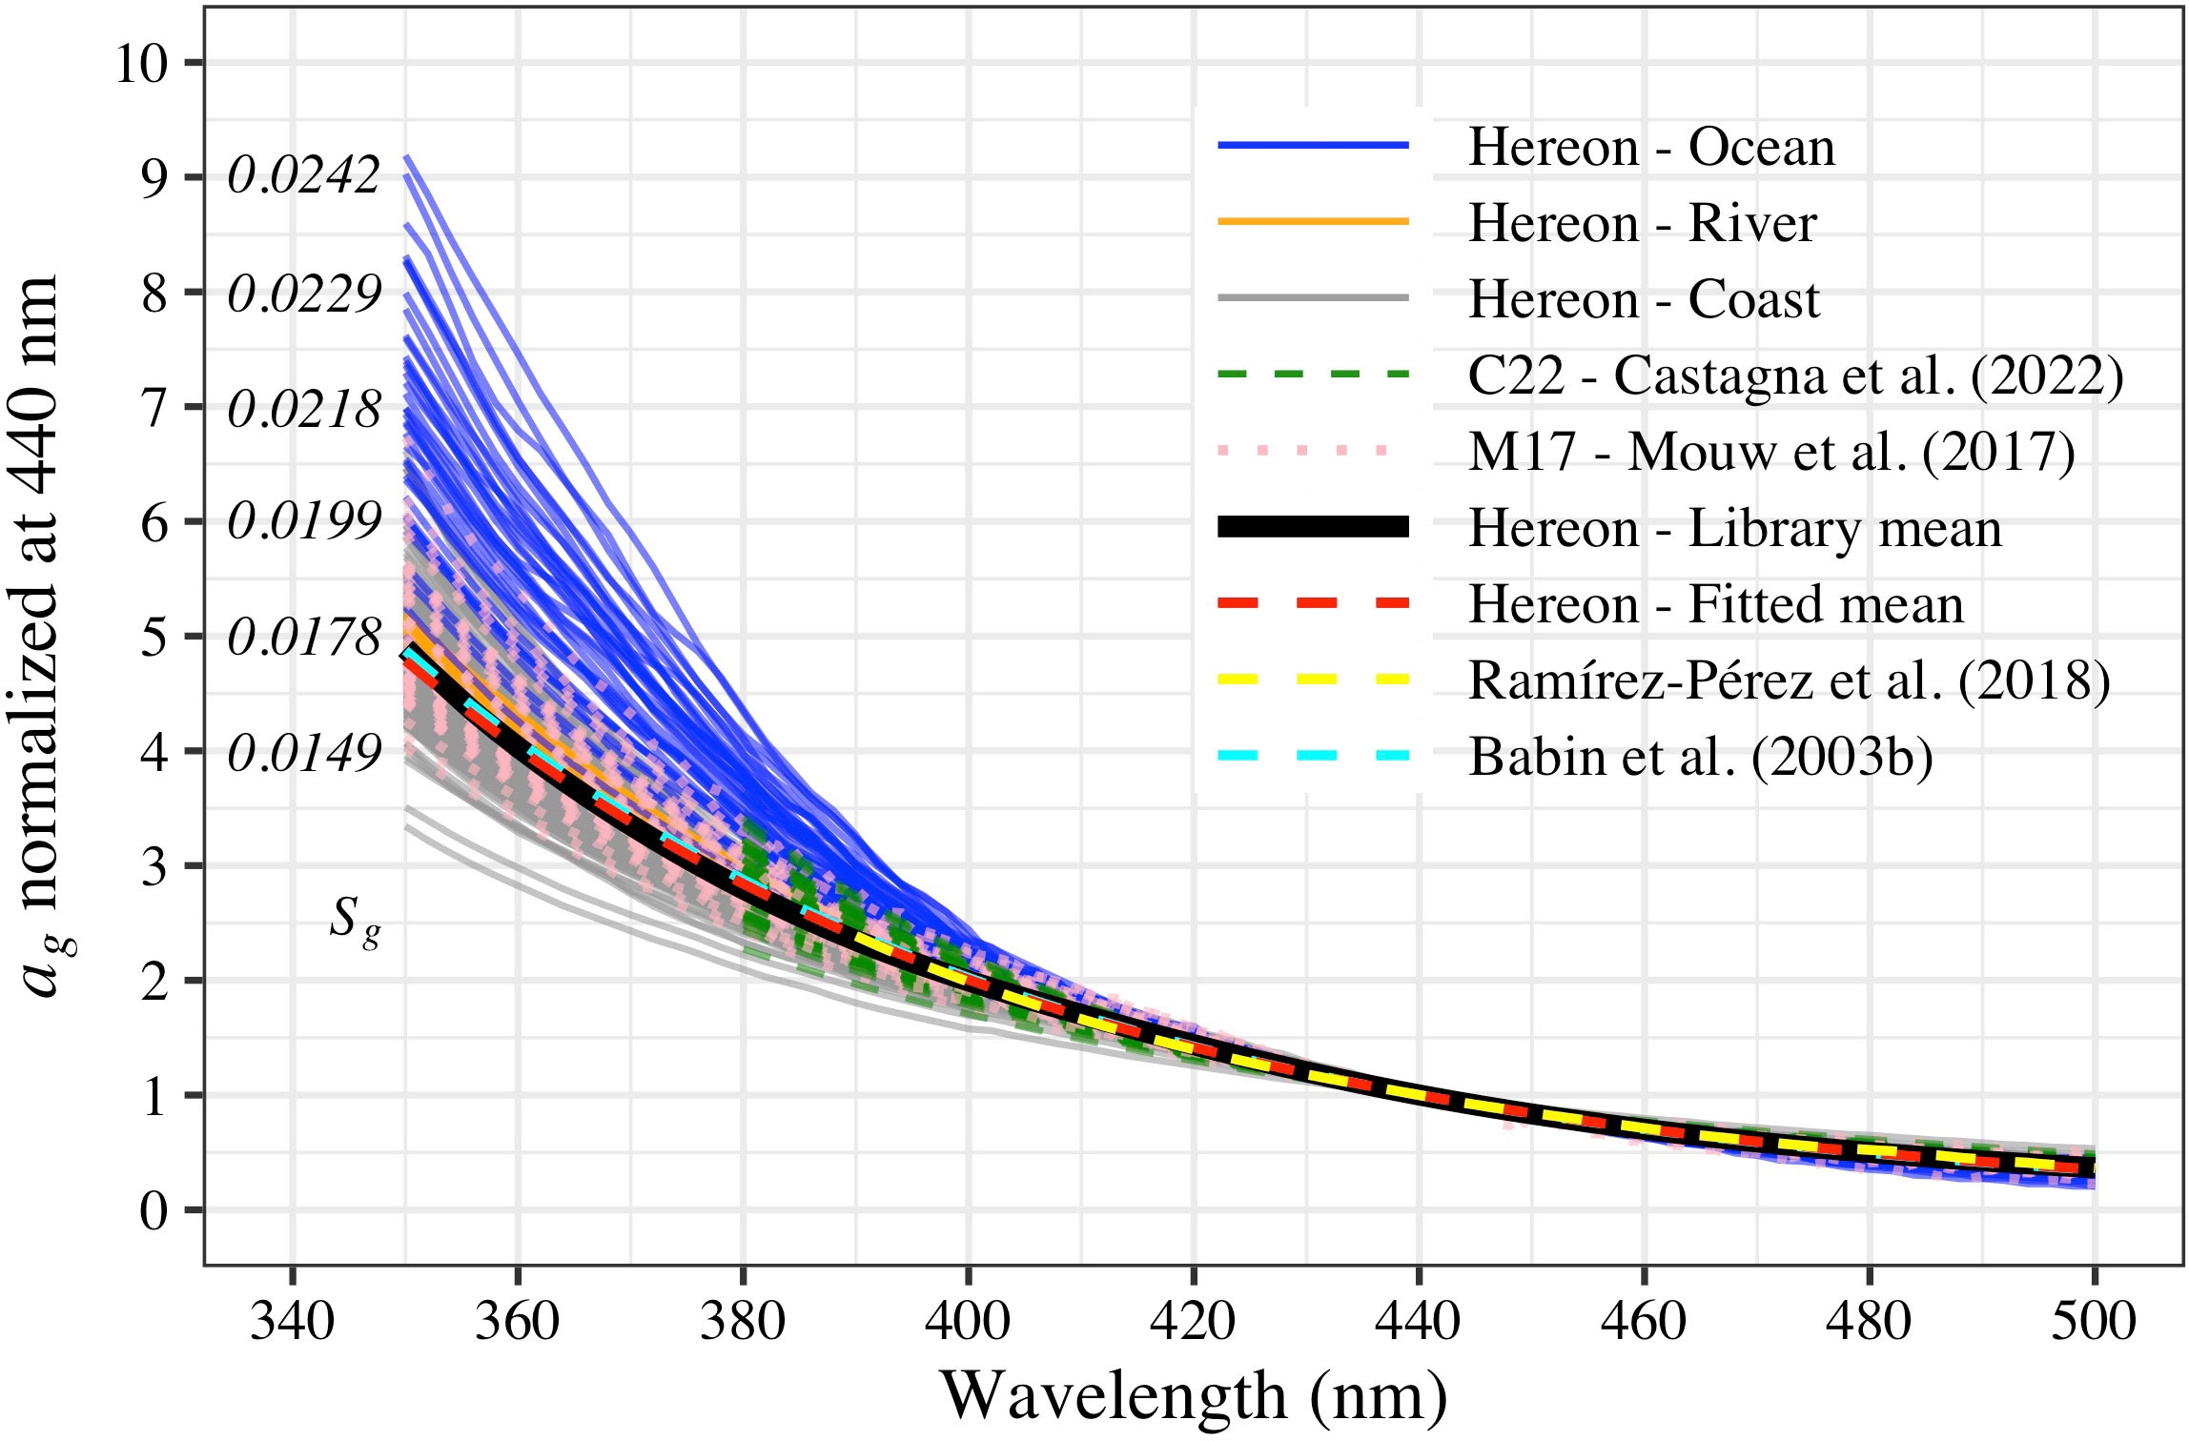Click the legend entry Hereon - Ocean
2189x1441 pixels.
(1650, 148)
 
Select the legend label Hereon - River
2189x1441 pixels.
(1642, 224)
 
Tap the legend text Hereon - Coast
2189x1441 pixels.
(1644, 300)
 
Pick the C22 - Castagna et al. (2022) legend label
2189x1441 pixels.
(1795, 376)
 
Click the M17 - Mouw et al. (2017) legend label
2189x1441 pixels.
(1771, 453)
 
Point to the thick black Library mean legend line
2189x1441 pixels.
(1313, 526)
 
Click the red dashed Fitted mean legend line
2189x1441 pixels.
(1313, 602)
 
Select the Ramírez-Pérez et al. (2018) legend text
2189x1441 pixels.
(1789, 680)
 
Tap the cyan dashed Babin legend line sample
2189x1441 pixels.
(1313, 755)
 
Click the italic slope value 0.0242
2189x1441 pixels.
(304, 176)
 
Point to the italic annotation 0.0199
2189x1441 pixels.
(304, 521)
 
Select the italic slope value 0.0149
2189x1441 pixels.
(304, 753)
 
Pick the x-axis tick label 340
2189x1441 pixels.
(292, 1321)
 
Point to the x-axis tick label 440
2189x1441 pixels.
(1419, 1321)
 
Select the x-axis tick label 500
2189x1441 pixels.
(2094, 1321)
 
